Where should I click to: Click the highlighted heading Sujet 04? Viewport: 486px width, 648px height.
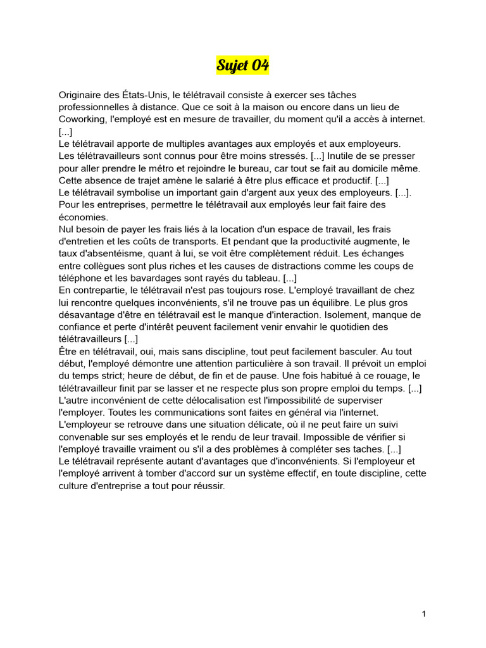[x=242, y=65]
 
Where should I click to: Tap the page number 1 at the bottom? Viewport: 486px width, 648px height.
[x=423, y=614]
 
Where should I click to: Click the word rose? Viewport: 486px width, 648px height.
[x=258, y=290]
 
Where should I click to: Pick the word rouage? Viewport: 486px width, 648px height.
[x=386, y=376]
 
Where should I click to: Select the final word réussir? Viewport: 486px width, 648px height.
[x=206, y=487]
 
